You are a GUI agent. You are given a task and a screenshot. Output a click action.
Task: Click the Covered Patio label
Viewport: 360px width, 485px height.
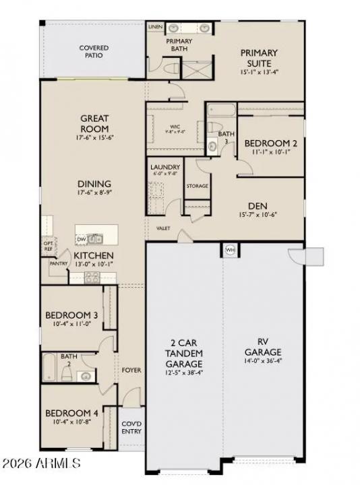[94, 52]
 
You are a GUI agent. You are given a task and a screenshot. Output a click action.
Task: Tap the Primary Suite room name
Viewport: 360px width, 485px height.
[259, 57]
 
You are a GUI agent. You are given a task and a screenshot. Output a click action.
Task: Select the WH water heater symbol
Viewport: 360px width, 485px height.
[230, 250]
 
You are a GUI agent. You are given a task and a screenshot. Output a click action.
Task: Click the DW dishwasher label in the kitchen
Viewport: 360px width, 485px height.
[82, 239]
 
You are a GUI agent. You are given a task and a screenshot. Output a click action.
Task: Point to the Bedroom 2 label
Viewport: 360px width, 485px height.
[270, 143]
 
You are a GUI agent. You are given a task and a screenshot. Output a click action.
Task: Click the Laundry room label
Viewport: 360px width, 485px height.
[164, 167]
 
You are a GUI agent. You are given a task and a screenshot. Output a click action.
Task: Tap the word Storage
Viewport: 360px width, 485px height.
[197, 186]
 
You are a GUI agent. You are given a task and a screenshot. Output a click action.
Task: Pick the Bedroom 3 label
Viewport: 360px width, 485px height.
[71, 315]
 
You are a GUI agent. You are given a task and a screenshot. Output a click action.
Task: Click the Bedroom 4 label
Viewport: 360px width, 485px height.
[71, 413]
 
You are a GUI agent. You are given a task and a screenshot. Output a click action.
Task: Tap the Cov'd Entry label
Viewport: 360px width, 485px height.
[131, 428]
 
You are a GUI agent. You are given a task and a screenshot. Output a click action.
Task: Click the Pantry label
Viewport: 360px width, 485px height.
[58, 263]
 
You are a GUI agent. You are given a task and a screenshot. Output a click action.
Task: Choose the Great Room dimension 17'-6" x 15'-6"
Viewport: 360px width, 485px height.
[94, 137]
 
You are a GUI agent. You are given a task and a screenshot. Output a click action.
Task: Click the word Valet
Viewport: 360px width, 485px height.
[163, 229]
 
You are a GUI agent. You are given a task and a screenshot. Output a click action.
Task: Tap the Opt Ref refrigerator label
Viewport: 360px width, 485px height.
[48, 247]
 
